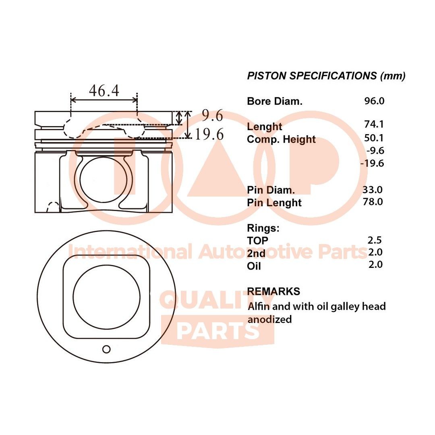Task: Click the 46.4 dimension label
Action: click(x=104, y=91)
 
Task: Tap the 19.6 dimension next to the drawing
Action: click(x=209, y=134)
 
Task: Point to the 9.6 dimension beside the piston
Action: click(x=212, y=116)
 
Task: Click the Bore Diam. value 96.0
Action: click(x=374, y=101)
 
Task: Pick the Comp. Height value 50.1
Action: click(x=374, y=138)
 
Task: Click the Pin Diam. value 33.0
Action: click(x=373, y=189)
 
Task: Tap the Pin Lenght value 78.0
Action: click(x=373, y=201)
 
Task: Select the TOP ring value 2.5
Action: click(x=375, y=240)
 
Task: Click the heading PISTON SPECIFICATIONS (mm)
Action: click(x=326, y=76)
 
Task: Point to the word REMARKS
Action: click(x=273, y=291)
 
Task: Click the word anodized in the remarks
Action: click(x=269, y=319)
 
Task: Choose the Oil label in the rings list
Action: click(x=254, y=266)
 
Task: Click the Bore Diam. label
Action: click(x=274, y=101)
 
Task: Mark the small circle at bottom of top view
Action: click(x=106, y=349)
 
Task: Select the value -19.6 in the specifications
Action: click(x=372, y=163)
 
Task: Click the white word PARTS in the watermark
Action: click(x=217, y=331)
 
